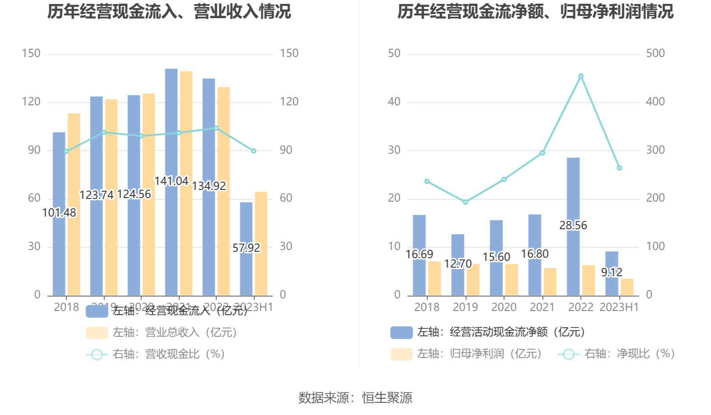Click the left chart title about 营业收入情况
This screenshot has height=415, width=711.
click(x=169, y=12)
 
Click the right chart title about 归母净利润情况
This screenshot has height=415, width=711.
click(x=535, y=12)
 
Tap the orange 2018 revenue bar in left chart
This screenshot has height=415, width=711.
click(x=74, y=203)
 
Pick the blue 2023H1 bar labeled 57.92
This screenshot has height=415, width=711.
click(x=246, y=271)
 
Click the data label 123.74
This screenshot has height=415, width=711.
click(x=97, y=195)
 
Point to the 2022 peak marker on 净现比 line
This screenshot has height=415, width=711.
click(x=581, y=76)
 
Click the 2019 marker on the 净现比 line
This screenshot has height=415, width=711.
click(x=465, y=202)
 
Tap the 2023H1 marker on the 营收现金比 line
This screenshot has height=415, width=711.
click(x=253, y=151)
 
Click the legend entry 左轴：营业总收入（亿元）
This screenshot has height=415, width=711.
click(x=162, y=333)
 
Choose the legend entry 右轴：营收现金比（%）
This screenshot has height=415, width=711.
click(x=155, y=354)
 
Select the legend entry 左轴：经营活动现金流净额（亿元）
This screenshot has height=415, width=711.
click(x=488, y=332)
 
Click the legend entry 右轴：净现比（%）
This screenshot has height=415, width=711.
click(x=617, y=354)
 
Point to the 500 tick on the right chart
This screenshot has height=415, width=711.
click(x=655, y=53)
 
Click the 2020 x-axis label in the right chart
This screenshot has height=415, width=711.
click(x=504, y=307)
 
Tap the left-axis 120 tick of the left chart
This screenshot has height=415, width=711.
click(x=31, y=102)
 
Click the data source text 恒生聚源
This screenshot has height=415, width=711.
click(x=387, y=398)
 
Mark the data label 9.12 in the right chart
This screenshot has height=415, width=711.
click(x=612, y=272)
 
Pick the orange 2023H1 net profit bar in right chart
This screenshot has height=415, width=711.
click(x=627, y=288)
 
